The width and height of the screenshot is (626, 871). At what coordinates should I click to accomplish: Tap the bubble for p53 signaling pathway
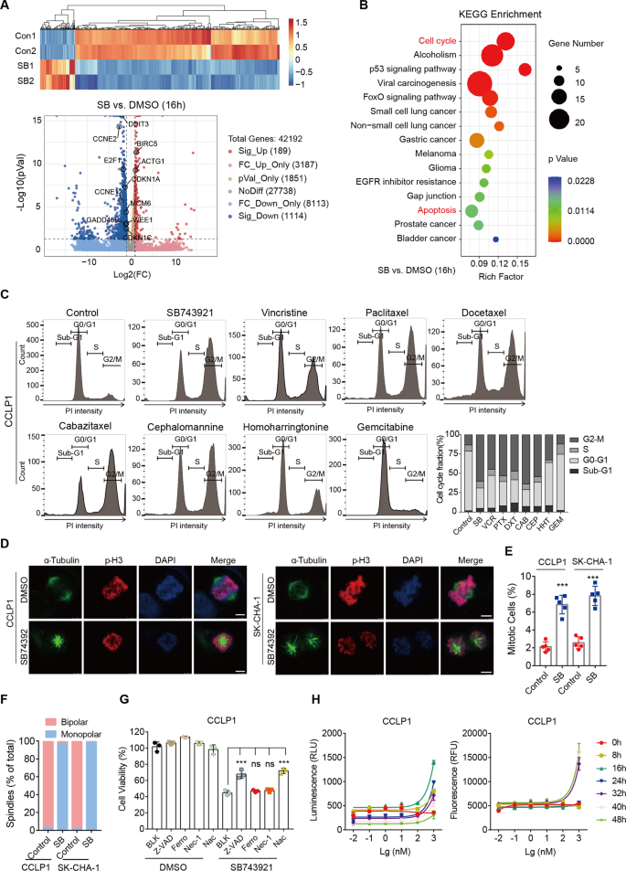click(x=525, y=69)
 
